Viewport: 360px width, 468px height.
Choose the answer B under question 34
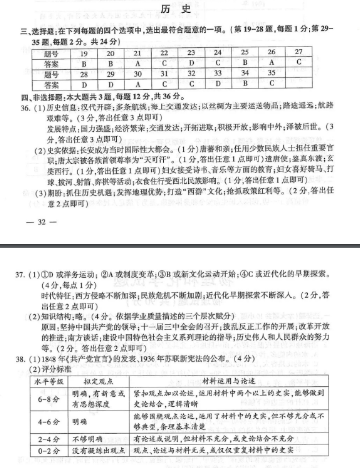pos(245,84)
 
